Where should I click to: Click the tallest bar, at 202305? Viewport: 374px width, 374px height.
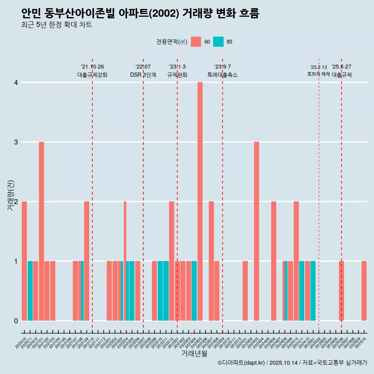200,201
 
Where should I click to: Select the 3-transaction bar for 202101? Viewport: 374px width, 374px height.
41,231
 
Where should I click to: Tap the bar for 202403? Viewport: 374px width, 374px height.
256,231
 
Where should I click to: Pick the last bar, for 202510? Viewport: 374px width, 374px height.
364,291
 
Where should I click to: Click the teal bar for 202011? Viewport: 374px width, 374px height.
30,291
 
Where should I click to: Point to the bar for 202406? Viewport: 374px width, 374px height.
273,261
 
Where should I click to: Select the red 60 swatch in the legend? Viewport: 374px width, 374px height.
196,42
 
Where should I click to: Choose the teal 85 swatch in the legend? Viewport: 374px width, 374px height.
219,42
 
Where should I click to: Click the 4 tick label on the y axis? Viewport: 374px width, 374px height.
16,83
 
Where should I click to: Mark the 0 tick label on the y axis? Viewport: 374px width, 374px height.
16,321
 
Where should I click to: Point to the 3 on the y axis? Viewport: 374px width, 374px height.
16,142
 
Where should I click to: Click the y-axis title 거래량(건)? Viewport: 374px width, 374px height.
11,195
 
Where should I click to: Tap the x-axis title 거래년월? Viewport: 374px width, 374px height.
194,353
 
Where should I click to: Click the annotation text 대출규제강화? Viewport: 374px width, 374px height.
92,75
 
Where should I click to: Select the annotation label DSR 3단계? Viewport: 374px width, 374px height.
143,75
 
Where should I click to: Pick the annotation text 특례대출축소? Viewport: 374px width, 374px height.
222,75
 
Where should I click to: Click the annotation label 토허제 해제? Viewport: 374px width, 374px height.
319,74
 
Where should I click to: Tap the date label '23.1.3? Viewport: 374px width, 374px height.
177,67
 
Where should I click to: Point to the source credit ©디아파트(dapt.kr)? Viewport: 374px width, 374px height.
241,363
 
